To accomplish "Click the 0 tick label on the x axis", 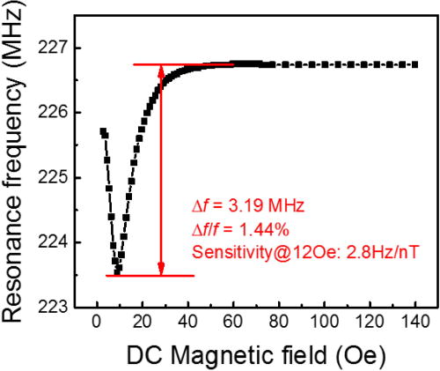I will [x=97, y=321].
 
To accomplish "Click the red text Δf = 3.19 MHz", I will [x=247, y=206].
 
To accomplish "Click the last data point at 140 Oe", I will [x=415, y=64].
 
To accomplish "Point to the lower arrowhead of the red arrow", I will [x=161, y=268].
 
